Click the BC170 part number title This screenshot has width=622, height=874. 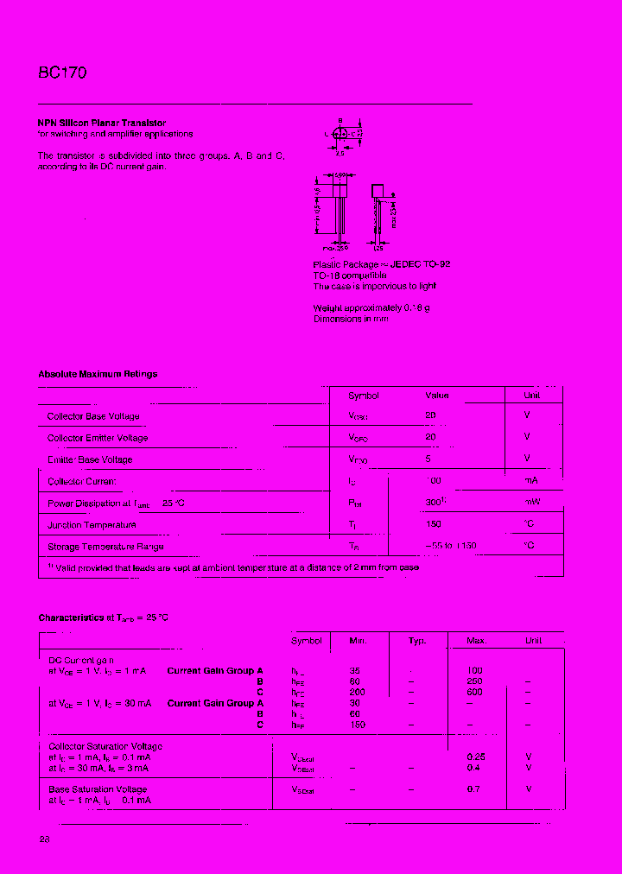[x=62, y=73]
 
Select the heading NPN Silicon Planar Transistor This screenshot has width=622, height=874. [x=102, y=123]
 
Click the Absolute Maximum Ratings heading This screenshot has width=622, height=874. [x=98, y=374]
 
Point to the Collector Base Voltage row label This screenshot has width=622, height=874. [x=93, y=416]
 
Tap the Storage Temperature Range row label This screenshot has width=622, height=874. [x=105, y=546]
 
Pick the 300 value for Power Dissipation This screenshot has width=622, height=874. [x=435, y=502]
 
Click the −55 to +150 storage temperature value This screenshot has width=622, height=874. [x=450, y=546]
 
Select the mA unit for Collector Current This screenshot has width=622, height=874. [x=530, y=480]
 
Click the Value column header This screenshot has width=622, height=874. [x=437, y=396]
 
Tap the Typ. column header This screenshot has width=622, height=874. [x=417, y=641]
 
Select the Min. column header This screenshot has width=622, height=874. [x=358, y=641]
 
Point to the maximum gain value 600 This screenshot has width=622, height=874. [x=475, y=692]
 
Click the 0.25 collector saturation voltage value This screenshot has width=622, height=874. [x=476, y=757]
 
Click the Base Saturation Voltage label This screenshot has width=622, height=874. [x=98, y=788]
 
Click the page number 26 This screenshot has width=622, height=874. [x=44, y=839]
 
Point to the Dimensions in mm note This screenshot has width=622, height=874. [x=351, y=319]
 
